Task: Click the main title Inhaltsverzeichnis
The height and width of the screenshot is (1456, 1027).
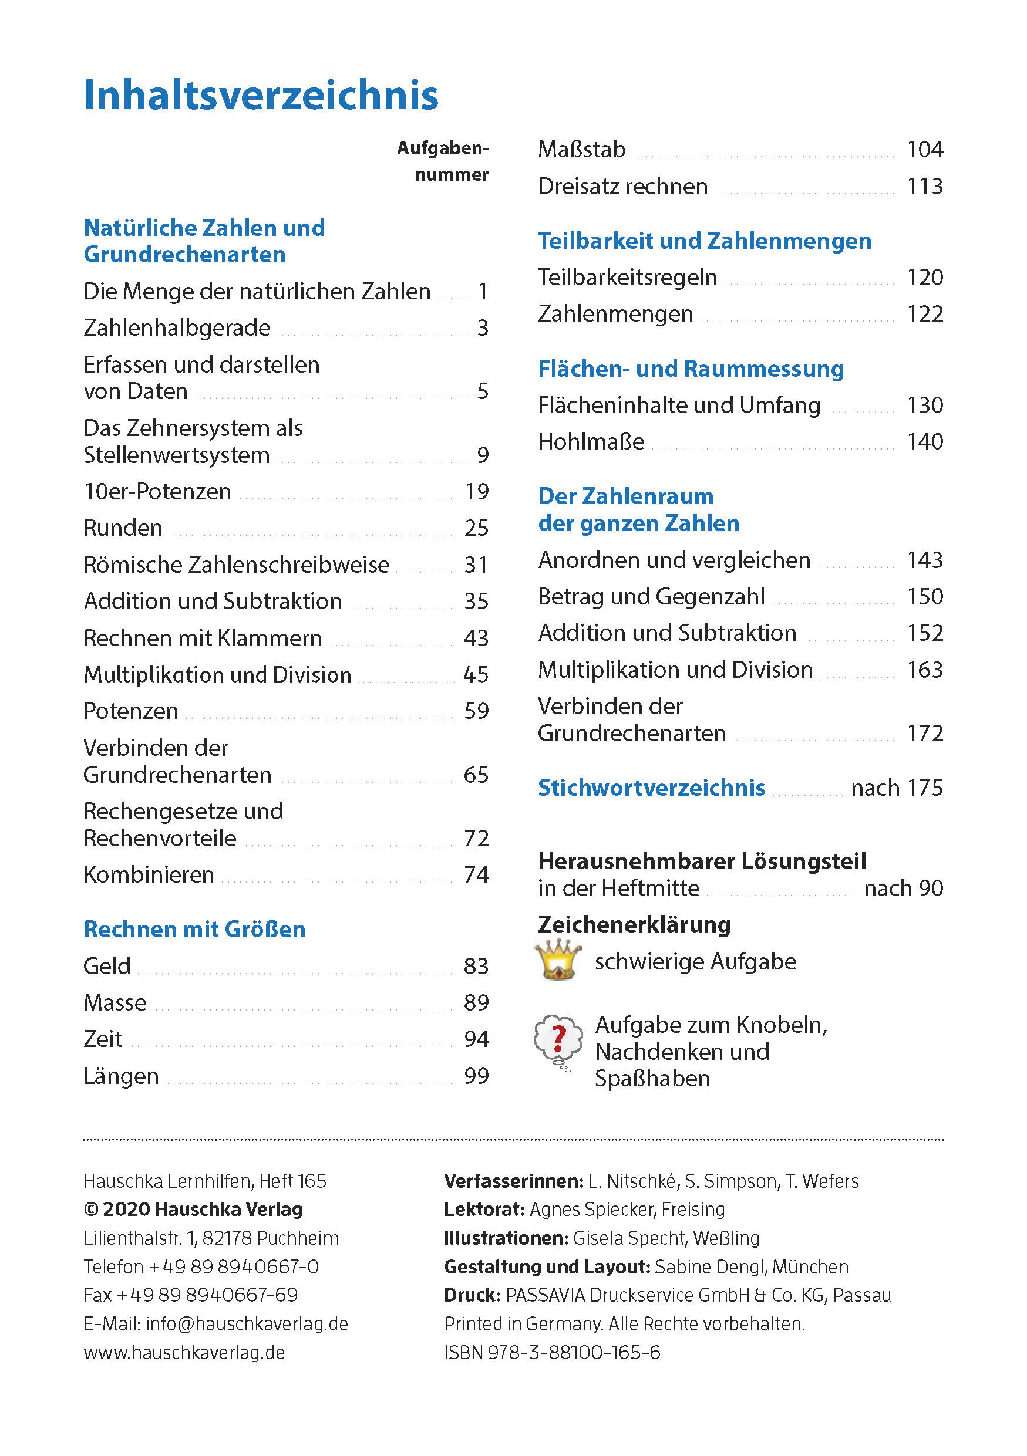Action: (x=261, y=95)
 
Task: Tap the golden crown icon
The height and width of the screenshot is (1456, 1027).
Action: (x=558, y=960)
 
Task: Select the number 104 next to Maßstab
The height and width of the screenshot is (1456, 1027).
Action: (x=925, y=150)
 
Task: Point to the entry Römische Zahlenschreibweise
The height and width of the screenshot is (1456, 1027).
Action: (x=237, y=565)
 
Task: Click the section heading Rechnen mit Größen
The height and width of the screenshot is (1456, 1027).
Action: (x=195, y=929)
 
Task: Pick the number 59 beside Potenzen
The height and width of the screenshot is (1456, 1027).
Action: (x=476, y=711)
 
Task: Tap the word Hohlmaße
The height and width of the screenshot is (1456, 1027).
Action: (x=591, y=441)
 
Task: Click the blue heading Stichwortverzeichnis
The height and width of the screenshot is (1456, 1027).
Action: (x=651, y=788)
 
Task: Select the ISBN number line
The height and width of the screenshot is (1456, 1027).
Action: (x=552, y=1353)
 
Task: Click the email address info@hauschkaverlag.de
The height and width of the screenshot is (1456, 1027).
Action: (x=247, y=1324)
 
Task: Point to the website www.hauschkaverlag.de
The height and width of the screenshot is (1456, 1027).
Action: (x=184, y=1353)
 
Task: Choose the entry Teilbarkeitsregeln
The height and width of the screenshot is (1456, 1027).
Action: (x=627, y=277)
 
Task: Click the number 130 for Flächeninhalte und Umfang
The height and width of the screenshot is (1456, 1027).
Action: (x=925, y=405)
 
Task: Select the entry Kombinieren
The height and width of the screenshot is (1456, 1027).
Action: (x=149, y=874)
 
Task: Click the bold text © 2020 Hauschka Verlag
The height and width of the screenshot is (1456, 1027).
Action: (x=193, y=1210)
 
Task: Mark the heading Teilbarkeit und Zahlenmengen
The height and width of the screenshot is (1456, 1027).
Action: (x=705, y=241)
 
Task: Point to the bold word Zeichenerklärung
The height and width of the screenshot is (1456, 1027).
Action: (x=634, y=924)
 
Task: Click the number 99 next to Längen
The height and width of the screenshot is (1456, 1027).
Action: (x=476, y=1076)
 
